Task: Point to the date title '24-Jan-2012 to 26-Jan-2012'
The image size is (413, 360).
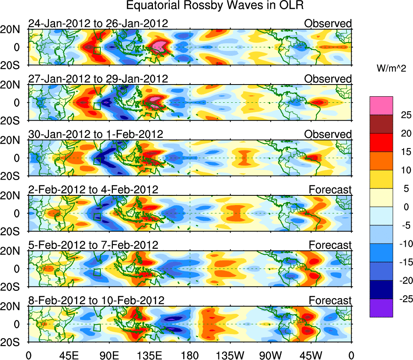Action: coord(98,23)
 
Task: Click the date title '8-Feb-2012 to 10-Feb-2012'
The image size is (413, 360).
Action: coord(96,301)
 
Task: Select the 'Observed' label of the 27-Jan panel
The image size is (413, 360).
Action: coord(328,79)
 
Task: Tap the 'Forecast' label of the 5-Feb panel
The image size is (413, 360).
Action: coord(330,245)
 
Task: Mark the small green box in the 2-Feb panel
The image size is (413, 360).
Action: coord(97,216)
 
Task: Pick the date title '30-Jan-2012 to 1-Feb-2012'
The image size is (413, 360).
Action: coord(95,134)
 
